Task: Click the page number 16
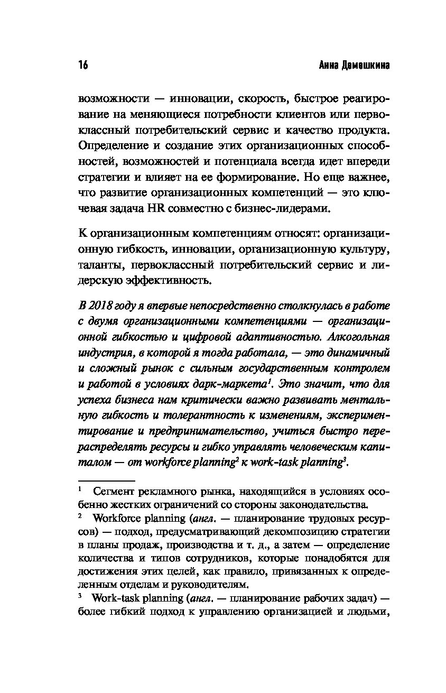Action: (x=82, y=65)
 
